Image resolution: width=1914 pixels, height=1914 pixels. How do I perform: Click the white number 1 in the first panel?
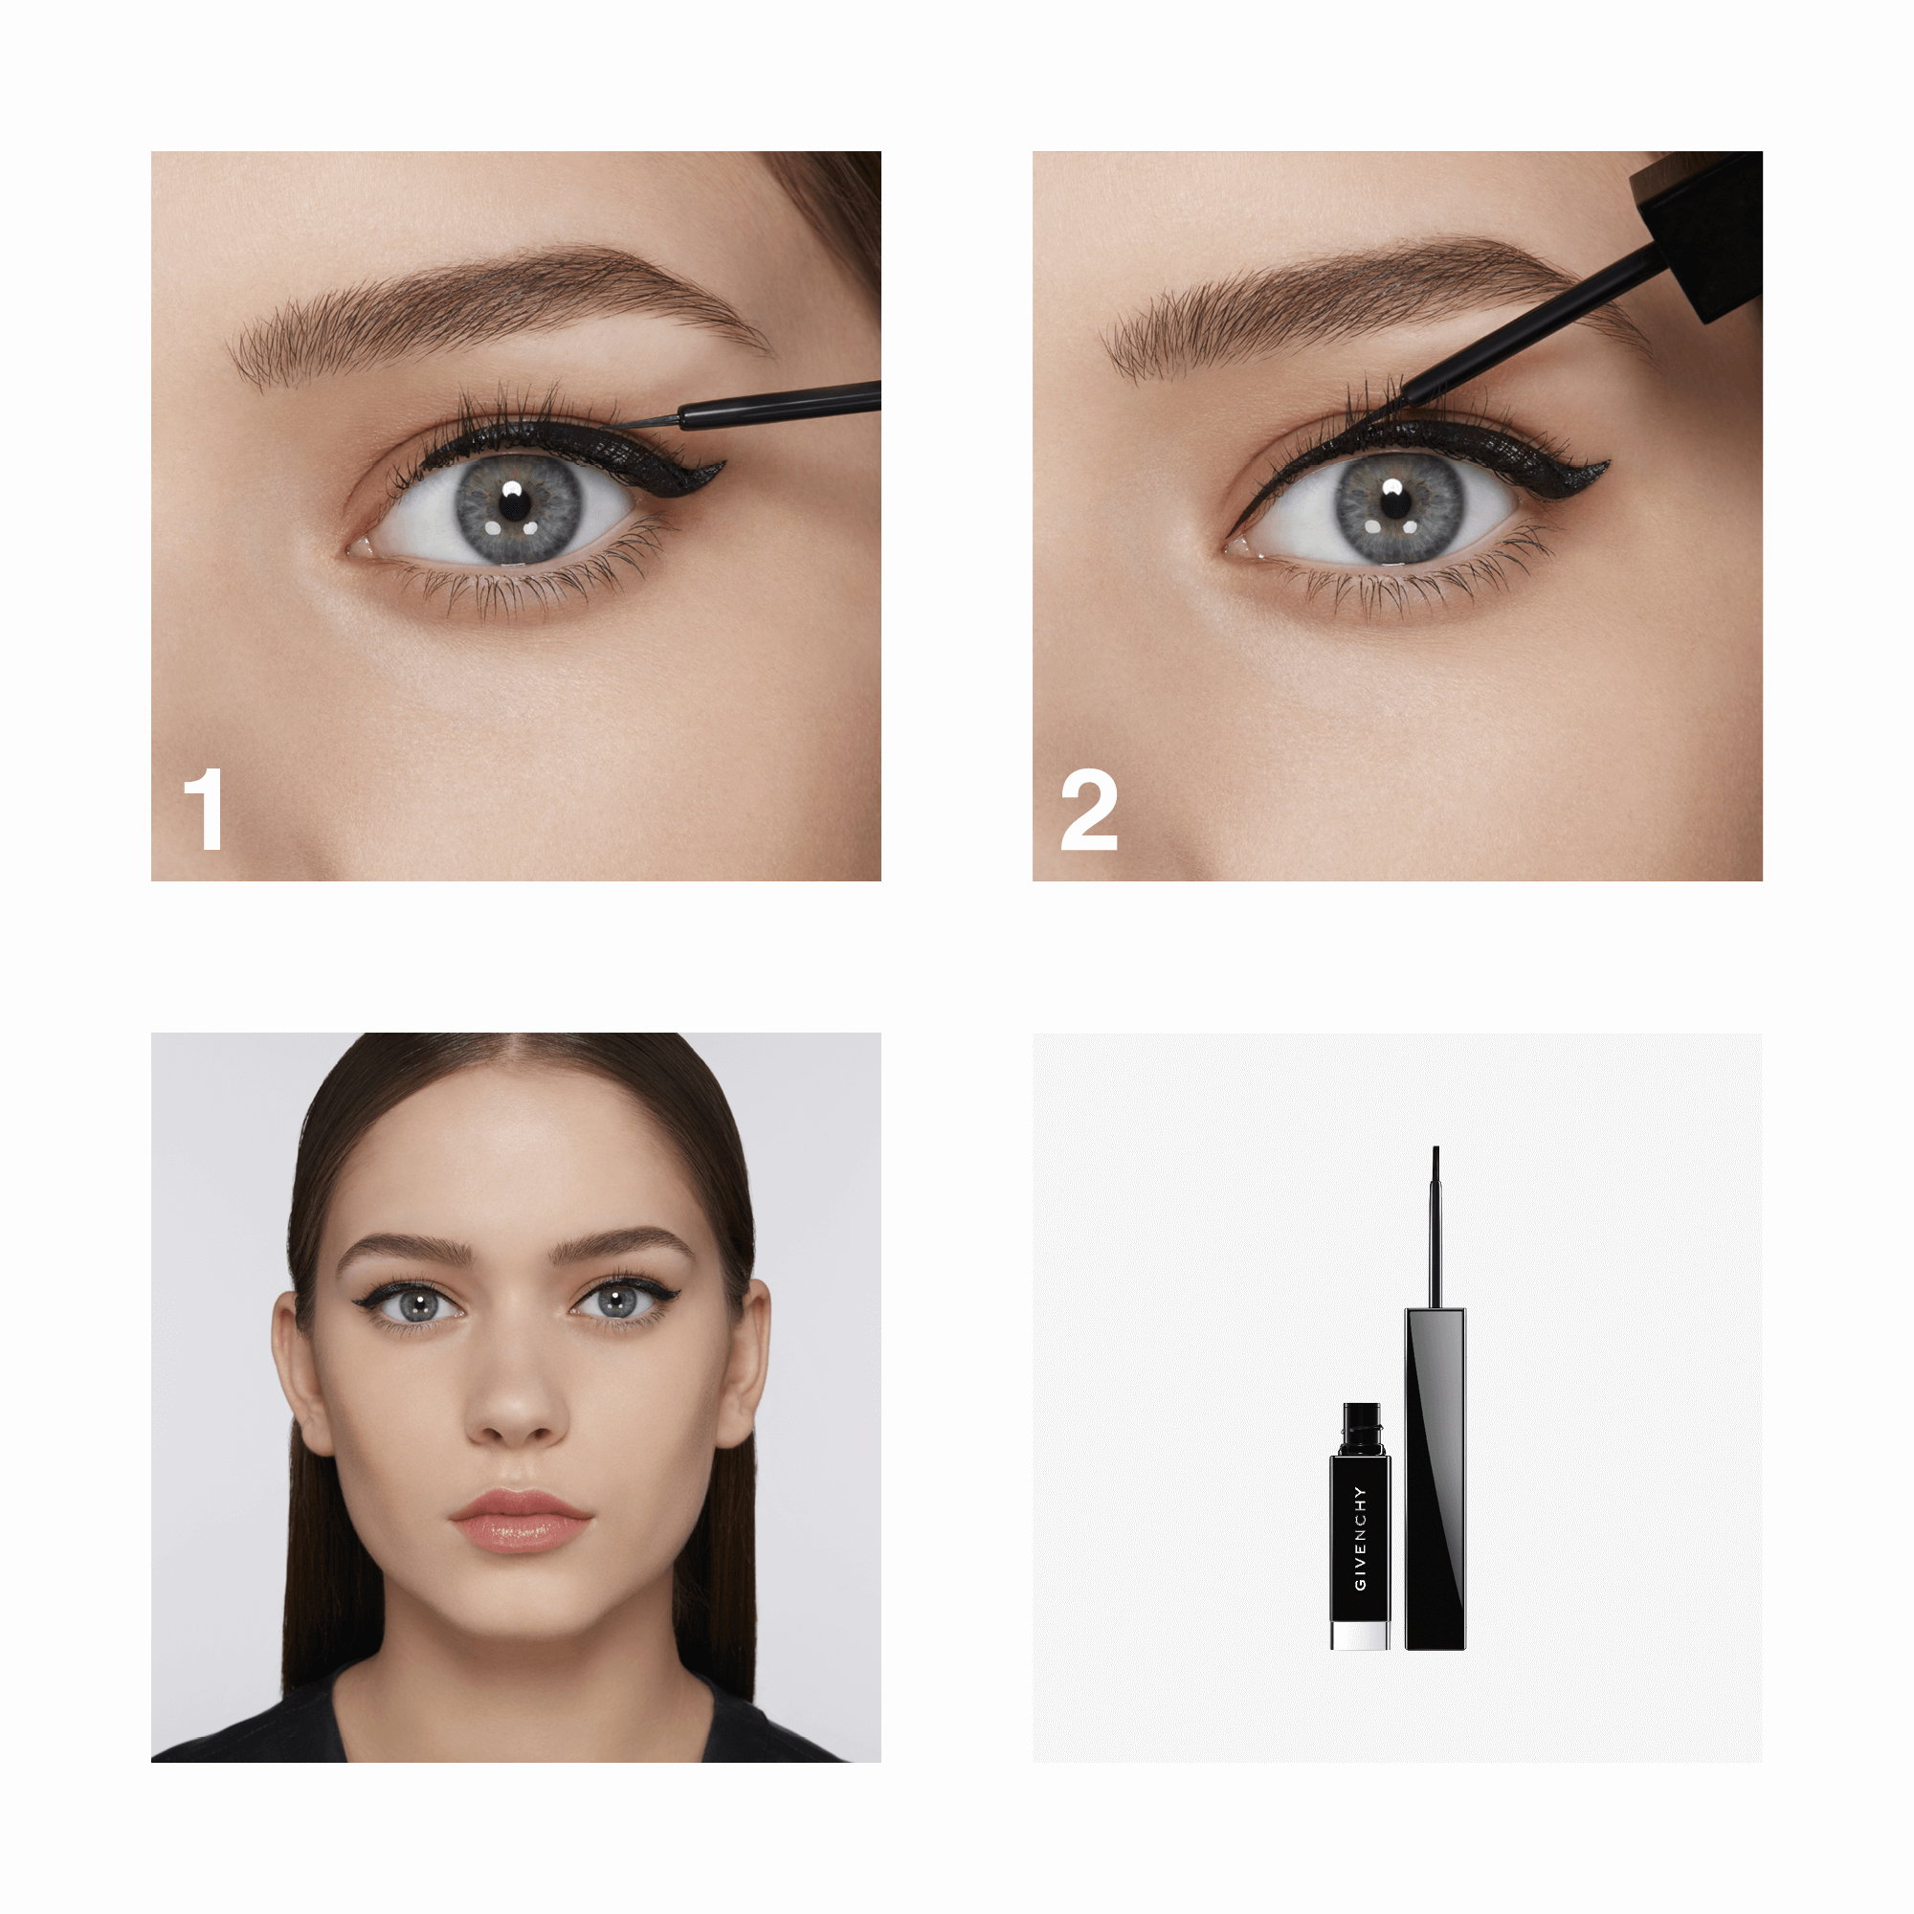click(204, 810)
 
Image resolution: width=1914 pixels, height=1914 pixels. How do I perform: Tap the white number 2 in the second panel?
click(1089, 810)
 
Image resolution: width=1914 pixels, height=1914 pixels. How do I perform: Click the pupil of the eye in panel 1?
click(514, 502)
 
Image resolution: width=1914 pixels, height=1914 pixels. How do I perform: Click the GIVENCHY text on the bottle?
click(1360, 1539)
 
